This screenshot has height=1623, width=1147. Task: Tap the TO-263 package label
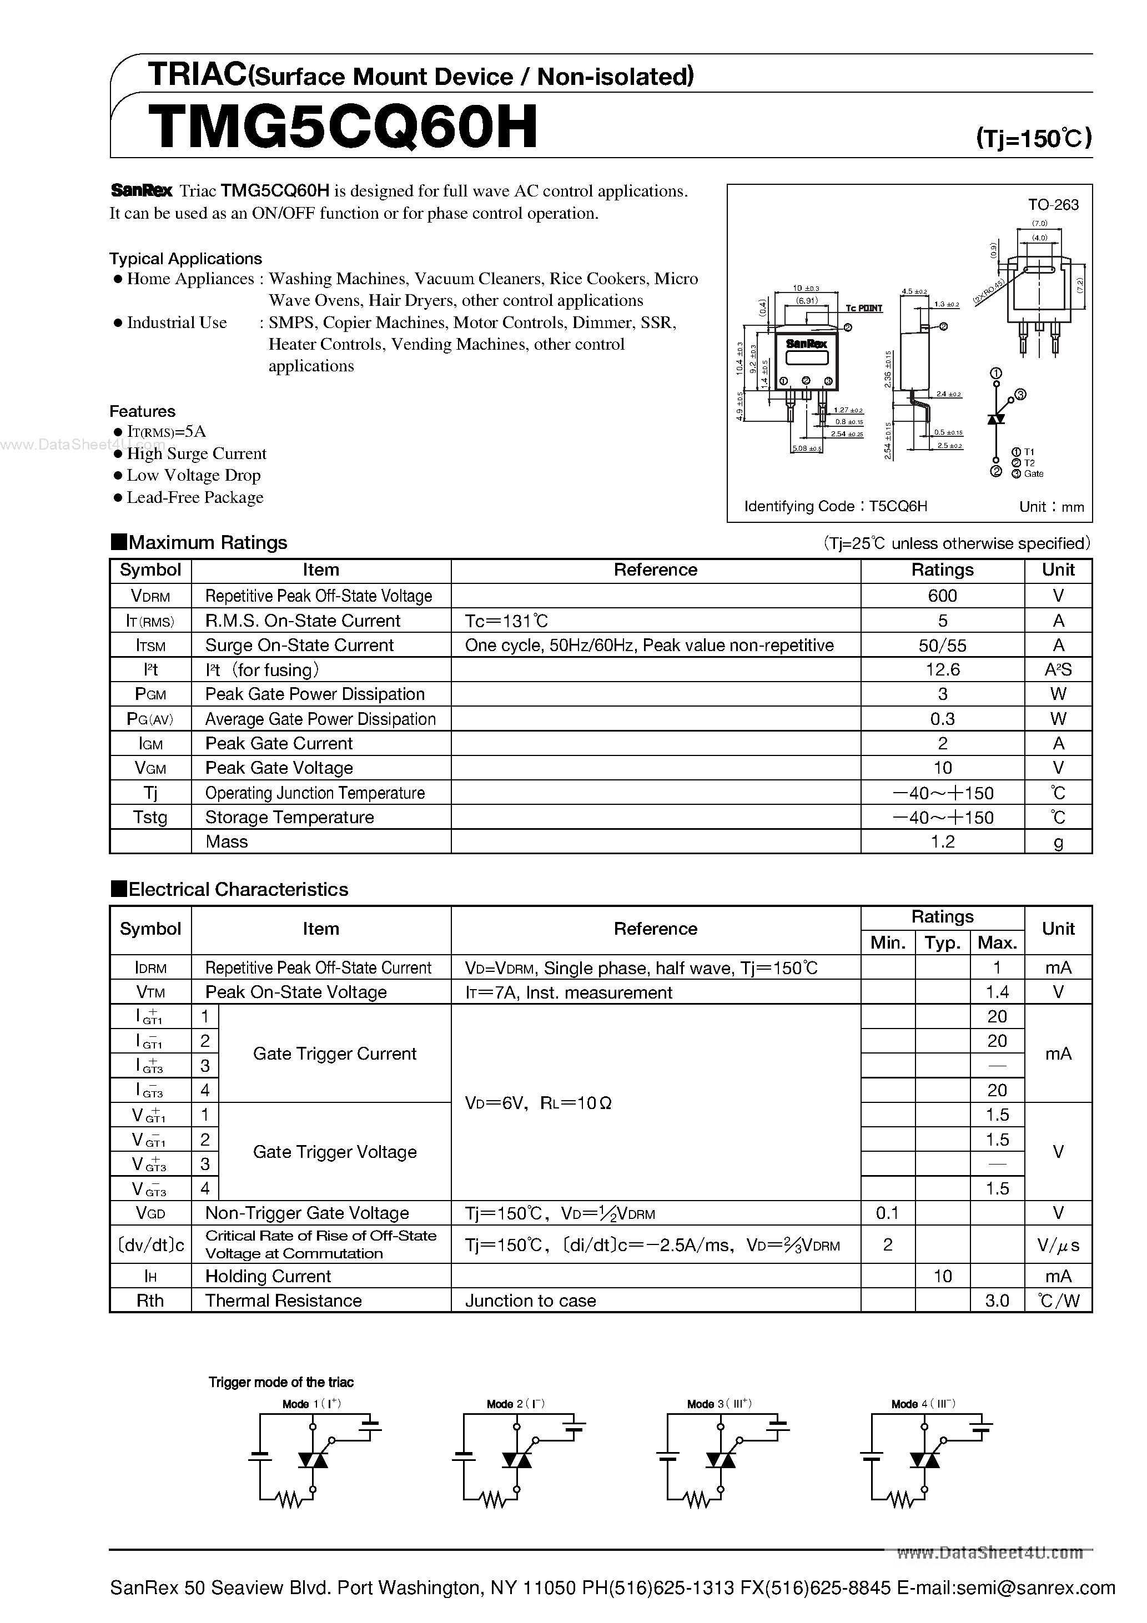pyautogui.click(x=1053, y=205)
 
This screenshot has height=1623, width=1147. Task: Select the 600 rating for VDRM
pyautogui.click(x=942, y=596)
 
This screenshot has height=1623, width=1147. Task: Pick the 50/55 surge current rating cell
pyautogui.click(x=942, y=646)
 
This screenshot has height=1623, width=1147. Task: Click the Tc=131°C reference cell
pyautogui.click(x=506, y=621)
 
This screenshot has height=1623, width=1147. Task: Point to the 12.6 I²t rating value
pyautogui.click(x=942, y=669)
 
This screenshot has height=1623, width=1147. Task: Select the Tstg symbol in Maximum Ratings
pyautogui.click(x=150, y=817)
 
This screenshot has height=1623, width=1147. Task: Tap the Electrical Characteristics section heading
pyautogui.click(x=238, y=889)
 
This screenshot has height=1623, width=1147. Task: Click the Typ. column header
pyautogui.click(x=942, y=943)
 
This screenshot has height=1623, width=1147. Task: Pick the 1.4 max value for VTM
pyautogui.click(x=997, y=992)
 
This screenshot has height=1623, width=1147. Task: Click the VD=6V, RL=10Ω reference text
pyautogui.click(x=538, y=1103)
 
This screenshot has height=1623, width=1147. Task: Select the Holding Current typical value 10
pyautogui.click(x=942, y=1277)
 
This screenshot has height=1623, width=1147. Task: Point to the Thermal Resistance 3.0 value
pyautogui.click(x=997, y=1301)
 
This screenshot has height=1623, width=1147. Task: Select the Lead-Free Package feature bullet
pyautogui.click(x=194, y=498)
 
